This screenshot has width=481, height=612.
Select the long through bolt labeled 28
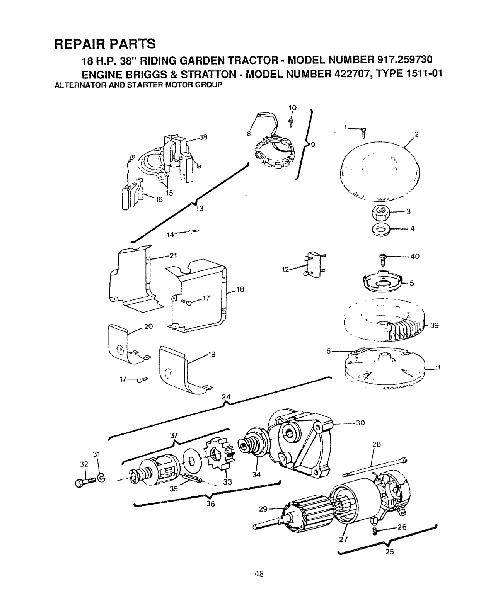(374, 467)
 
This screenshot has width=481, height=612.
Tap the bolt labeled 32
(85, 481)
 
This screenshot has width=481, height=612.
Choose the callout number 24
(226, 397)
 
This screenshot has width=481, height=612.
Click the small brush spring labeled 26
(375, 531)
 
